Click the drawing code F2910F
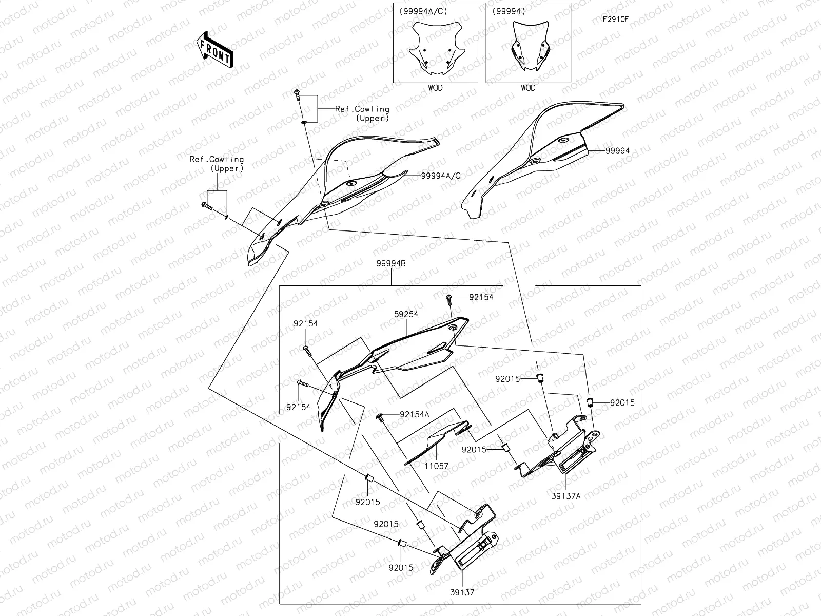pyautogui.click(x=616, y=20)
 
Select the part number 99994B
pyautogui.click(x=391, y=263)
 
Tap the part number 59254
pyautogui.click(x=406, y=314)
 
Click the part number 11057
pyautogui.click(x=437, y=466)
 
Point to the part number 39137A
pyautogui.click(x=566, y=496)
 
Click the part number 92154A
pyautogui.click(x=414, y=414)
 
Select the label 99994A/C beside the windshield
pyautogui.click(x=441, y=176)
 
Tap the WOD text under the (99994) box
pyautogui.click(x=528, y=88)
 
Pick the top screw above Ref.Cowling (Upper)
pyautogui.click(x=297, y=93)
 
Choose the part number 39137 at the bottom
pyautogui.click(x=463, y=592)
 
